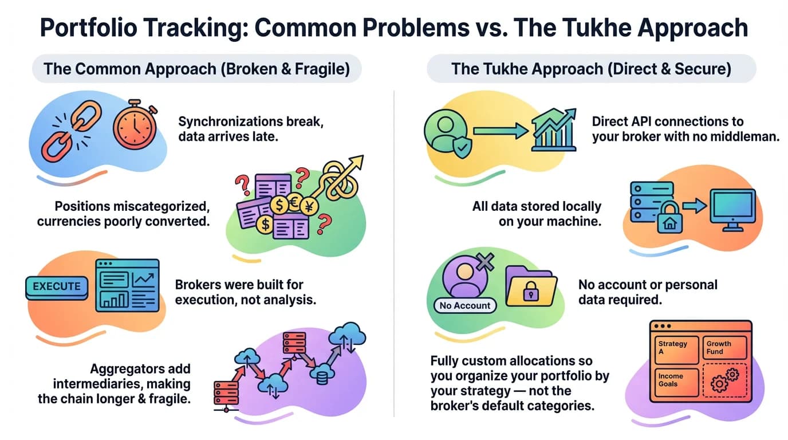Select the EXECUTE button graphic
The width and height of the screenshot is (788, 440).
point(57,286)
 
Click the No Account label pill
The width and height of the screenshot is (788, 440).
point(465,305)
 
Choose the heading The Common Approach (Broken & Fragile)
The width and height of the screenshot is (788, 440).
point(196,69)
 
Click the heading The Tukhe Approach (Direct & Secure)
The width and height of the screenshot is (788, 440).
point(591,69)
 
